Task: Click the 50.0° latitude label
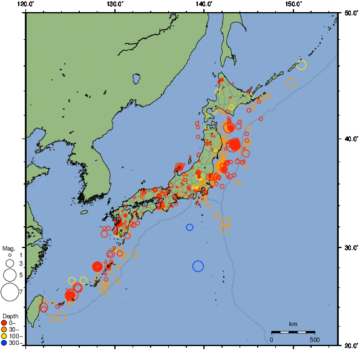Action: pyautogui.click(x=350, y=12)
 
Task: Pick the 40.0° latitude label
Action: pyautogui.click(x=350, y=139)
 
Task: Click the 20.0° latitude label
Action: pyautogui.click(x=350, y=345)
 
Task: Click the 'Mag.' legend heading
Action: pyautogui.click(x=8, y=249)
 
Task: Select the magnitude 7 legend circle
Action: pyautogui.click(x=10, y=292)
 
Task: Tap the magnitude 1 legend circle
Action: pyautogui.click(x=10, y=255)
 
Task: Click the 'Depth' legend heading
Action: pyautogui.click(x=10, y=316)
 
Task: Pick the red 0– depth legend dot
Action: pyautogui.click(x=4, y=322)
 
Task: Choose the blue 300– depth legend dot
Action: pyautogui.click(x=4, y=343)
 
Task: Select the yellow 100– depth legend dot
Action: pyautogui.click(x=4, y=336)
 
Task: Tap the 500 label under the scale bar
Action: pyautogui.click(x=315, y=339)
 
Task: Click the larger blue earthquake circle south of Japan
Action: pyautogui.click(x=198, y=266)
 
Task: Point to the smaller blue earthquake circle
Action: pyautogui.click(x=189, y=227)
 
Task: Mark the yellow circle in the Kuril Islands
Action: pyautogui.click(x=301, y=65)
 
